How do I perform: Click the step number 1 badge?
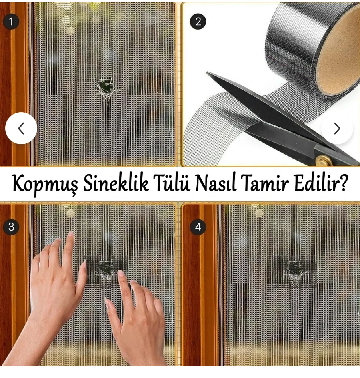pyautogui.click(x=11, y=22)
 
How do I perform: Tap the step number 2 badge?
pyautogui.click(x=198, y=22)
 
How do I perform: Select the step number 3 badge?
pyautogui.click(x=11, y=227)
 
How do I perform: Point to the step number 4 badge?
pyautogui.click(x=198, y=227)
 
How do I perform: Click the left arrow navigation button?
pyautogui.click(x=21, y=128)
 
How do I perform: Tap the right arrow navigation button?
pyautogui.click(x=337, y=128)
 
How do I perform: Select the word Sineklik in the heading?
pyautogui.click(x=116, y=184)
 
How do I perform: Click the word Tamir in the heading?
pyautogui.click(x=266, y=184)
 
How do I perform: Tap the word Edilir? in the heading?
pyautogui.click(x=321, y=184)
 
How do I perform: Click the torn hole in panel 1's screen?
pyautogui.click(x=106, y=88)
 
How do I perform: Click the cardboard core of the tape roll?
pyautogui.click(x=338, y=51)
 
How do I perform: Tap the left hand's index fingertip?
pyautogui.click(x=71, y=234)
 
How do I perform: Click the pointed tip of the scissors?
pyautogui.click(x=207, y=72)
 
